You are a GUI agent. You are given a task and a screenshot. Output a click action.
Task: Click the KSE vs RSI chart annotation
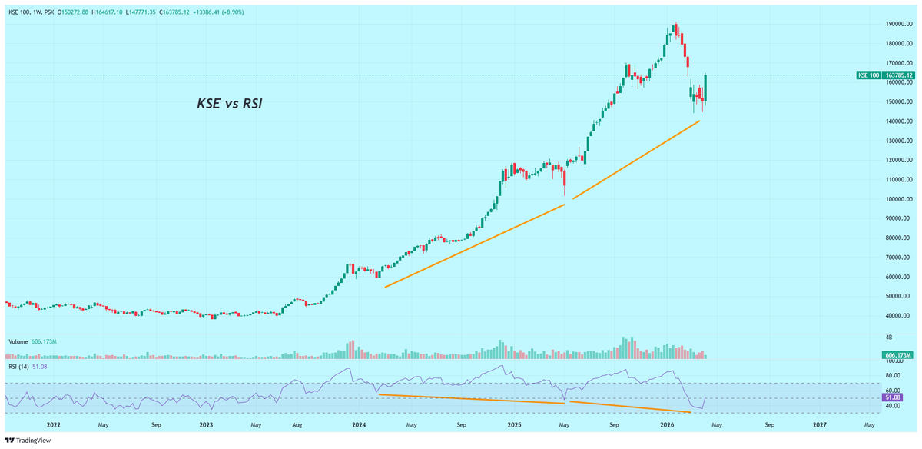230,104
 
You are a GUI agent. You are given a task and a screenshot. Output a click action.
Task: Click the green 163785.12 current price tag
899,75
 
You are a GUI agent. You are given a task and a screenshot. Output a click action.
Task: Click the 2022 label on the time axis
54,424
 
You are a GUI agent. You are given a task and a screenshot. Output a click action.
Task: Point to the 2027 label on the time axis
820,424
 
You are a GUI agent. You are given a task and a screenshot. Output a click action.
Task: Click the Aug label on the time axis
307,424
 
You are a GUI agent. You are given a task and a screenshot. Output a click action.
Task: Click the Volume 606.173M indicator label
33,341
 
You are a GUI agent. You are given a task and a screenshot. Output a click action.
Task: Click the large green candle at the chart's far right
705,88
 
